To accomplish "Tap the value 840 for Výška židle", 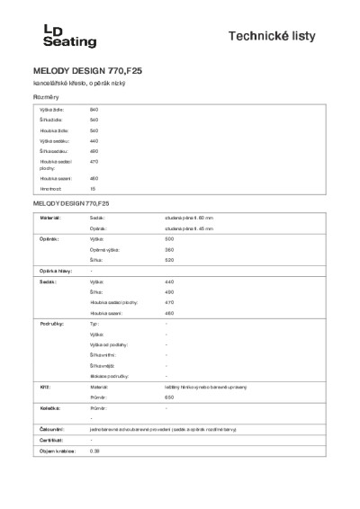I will click(94, 109).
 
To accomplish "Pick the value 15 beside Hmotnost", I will click(93, 189).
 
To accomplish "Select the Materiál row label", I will click(49, 218).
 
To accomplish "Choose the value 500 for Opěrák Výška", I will click(169, 239).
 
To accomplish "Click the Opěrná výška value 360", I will click(169, 249).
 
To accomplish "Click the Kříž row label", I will click(44, 384).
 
